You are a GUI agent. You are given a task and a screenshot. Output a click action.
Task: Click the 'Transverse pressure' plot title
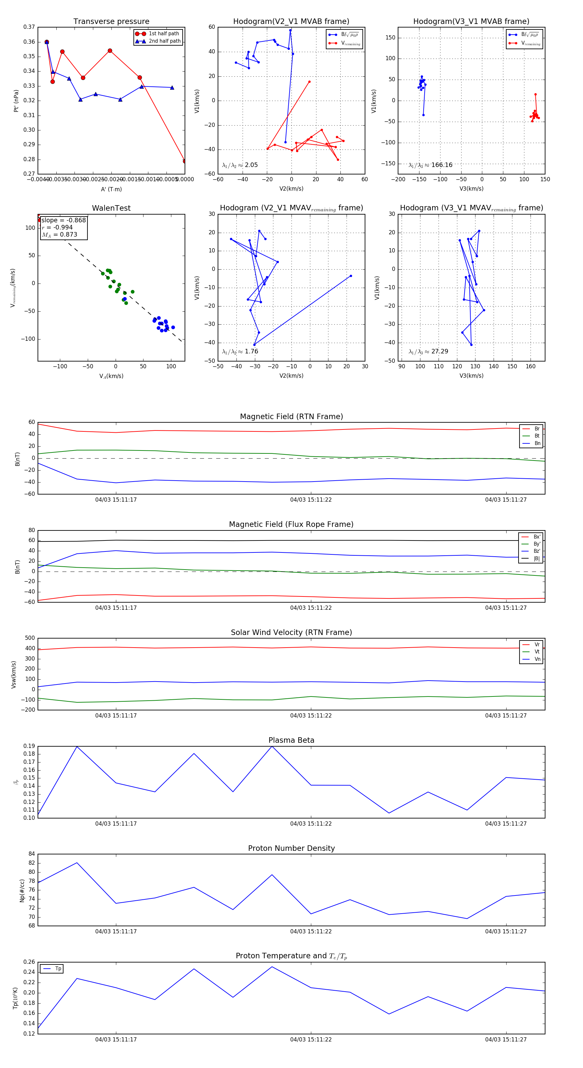click(111, 22)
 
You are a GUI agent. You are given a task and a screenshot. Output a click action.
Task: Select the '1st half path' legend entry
click(164, 34)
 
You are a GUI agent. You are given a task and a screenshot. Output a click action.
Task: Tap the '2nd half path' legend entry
click(164, 41)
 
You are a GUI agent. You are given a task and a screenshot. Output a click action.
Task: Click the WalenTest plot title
click(111, 208)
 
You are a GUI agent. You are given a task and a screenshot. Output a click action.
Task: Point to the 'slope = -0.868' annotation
click(63, 220)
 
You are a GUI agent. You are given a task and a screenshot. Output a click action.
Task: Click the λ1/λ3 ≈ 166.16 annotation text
click(430, 165)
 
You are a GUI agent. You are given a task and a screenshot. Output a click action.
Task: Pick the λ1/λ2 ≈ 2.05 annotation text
click(240, 165)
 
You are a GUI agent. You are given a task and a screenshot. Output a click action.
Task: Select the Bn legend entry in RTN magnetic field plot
click(537, 443)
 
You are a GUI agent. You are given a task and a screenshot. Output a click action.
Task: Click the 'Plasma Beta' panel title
click(291, 740)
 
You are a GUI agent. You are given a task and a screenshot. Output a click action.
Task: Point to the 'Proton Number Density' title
click(291, 848)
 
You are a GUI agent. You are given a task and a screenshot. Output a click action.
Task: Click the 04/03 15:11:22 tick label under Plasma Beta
click(311, 823)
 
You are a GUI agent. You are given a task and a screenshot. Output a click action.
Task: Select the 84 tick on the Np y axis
click(31, 854)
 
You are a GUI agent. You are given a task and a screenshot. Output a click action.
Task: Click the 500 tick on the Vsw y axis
click(30, 638)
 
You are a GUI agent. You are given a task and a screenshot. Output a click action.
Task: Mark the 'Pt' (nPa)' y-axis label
click(16, 101)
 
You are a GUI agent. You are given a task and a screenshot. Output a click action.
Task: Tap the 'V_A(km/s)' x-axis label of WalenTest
click(111, 376)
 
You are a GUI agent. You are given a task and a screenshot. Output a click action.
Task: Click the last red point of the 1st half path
click(184, 161)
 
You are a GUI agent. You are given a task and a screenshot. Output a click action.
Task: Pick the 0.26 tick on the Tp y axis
click(29, 962)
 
